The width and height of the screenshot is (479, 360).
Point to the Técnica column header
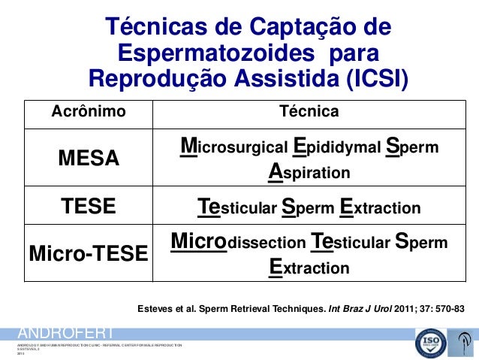309,112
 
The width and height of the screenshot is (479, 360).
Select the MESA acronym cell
89,159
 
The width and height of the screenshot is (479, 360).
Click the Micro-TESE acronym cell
89,256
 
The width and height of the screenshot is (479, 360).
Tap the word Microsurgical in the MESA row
233,147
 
